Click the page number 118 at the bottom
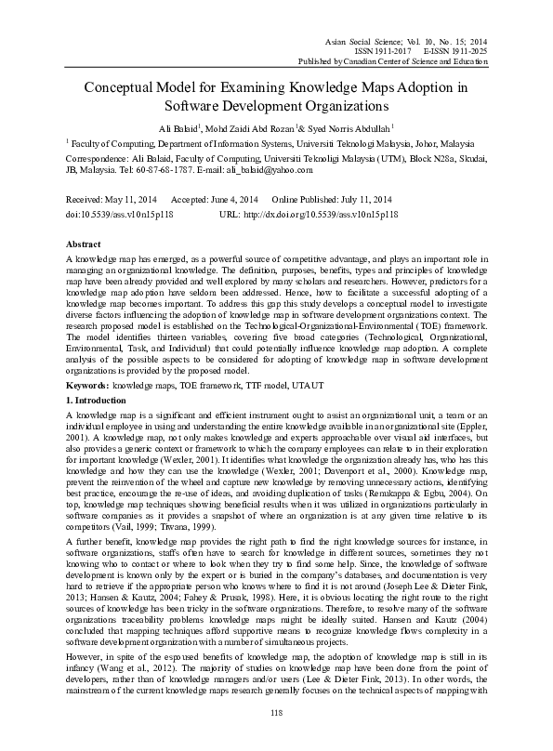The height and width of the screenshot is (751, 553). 276,737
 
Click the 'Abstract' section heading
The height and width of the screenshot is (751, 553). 85,240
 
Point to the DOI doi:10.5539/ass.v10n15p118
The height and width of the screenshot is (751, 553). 122,213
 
